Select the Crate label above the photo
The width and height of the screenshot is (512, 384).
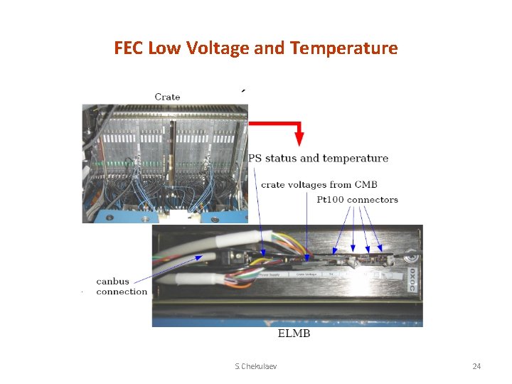coord(167,97)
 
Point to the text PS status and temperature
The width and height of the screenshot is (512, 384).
coord(318,158)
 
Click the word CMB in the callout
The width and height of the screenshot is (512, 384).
coord(365,185)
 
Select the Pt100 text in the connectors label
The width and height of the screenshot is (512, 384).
coord(331,200)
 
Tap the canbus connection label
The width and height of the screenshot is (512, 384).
coord(122,286)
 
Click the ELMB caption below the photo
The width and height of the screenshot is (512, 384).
coord(294,334)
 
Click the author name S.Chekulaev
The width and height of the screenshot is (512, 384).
coord(256,366)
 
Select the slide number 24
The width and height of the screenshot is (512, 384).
coord(476,366)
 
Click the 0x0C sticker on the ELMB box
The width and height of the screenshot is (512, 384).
coord(412,274)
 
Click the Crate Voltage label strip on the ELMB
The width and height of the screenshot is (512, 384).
coord(307,273)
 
